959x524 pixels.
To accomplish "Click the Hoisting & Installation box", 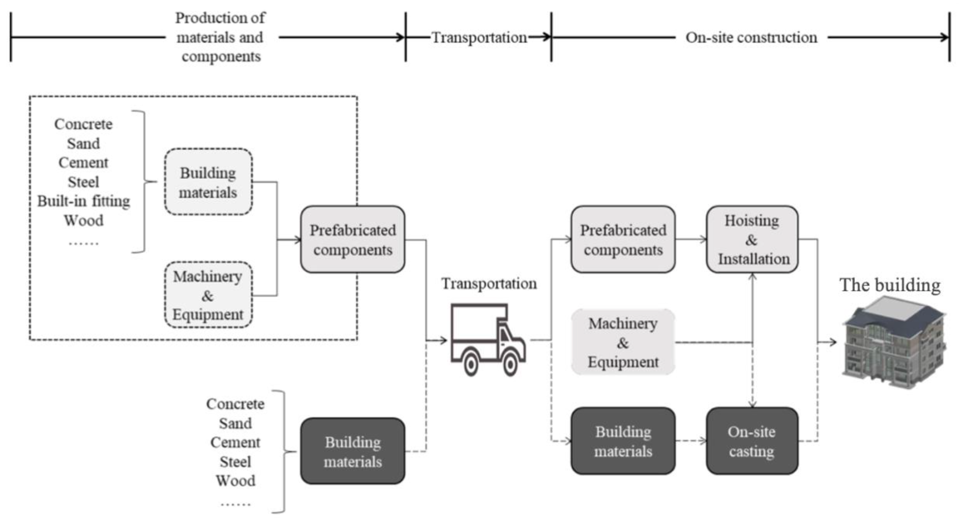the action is (x=752, y=239).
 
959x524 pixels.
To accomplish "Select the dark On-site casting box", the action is (x=752, y=441).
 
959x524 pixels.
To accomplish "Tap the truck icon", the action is (x=488, y=339).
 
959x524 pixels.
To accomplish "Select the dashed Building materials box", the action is (x=208, y=182).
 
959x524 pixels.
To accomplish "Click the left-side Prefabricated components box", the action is (x=353, y=239).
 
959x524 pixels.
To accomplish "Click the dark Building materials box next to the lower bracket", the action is (x=353, y=451).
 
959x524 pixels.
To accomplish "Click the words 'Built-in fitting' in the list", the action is (x=83, y=201).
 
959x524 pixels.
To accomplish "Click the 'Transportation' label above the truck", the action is (x=489, y=284).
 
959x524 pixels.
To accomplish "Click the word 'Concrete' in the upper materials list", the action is (x=83, y=124).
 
